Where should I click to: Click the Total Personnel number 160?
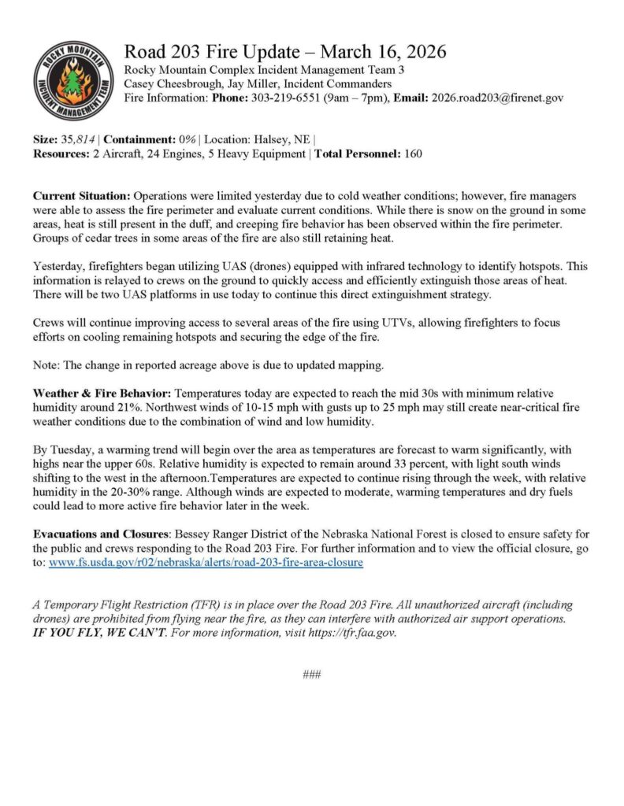pos(412,153)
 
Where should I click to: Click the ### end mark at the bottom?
pos(311,675)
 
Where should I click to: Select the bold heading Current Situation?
pos(81,194)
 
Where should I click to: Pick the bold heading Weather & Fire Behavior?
pos(102,392)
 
